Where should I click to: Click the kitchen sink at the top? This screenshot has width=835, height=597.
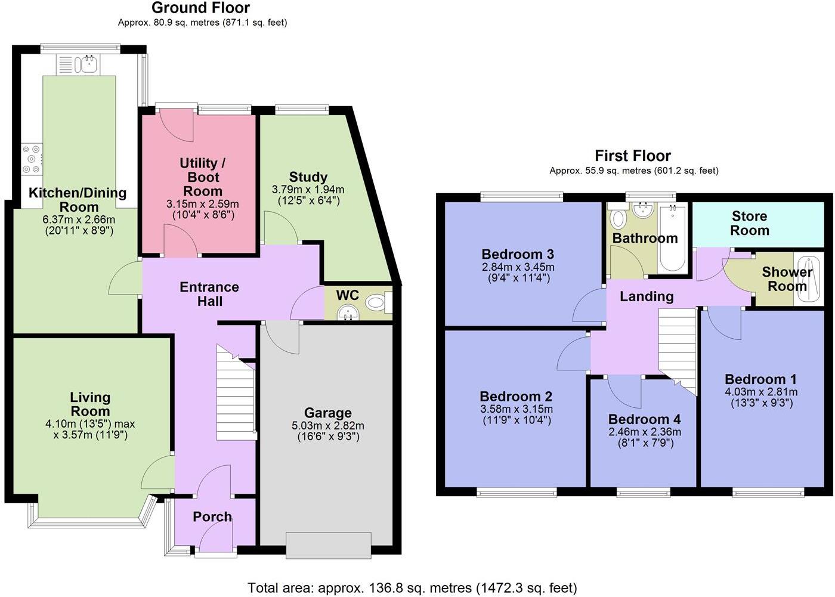pos(88,63)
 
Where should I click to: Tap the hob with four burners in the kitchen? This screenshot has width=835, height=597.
pos(32,159)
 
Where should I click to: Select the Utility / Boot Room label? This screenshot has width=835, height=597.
pos(202,177)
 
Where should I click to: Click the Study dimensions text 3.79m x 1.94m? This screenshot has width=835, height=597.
pos(308,190)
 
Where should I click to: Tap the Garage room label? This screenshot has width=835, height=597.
pos(327,413)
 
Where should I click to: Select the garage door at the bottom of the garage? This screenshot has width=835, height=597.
pos(328,545)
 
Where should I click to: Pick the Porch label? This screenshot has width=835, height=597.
pos(212,516)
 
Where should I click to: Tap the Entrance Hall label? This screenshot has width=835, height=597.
pos(209,294)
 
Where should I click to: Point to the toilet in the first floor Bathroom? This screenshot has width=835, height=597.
pos(618,219)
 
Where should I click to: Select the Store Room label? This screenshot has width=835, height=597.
pos(750,223)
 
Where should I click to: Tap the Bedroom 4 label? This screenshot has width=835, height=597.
pos(644,419)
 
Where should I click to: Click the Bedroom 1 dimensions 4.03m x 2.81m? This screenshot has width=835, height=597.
pos(760,392)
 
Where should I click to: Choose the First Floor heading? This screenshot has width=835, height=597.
pos(633,156)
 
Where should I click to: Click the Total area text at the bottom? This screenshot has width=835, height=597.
pos(412,588)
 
